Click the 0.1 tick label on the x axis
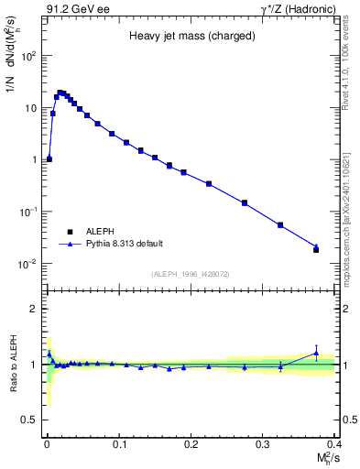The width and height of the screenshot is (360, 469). [118, 444]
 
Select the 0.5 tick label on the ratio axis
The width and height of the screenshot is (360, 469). [27, 420]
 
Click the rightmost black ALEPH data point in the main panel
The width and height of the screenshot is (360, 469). [316, 249]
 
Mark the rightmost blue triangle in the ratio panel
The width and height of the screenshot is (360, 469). [316, 353]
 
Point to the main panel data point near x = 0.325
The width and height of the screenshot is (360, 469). [280, 224]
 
